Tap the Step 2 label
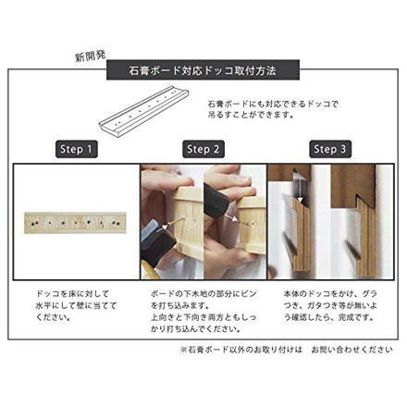[203, 149]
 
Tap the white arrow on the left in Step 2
[172, 225]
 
